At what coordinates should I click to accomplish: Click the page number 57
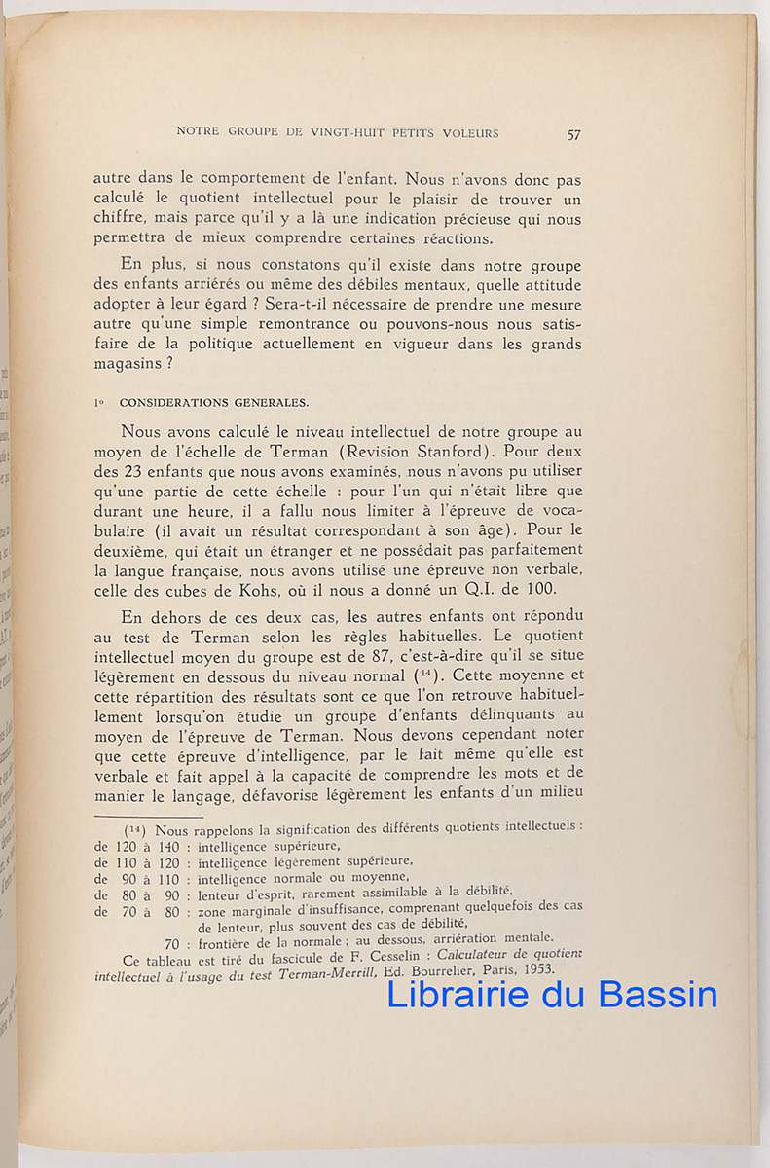click(x=573, y=135)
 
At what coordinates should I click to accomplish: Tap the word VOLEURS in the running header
click(x=468, y=133)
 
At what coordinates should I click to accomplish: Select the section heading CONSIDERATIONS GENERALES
click(x=201, y=401)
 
